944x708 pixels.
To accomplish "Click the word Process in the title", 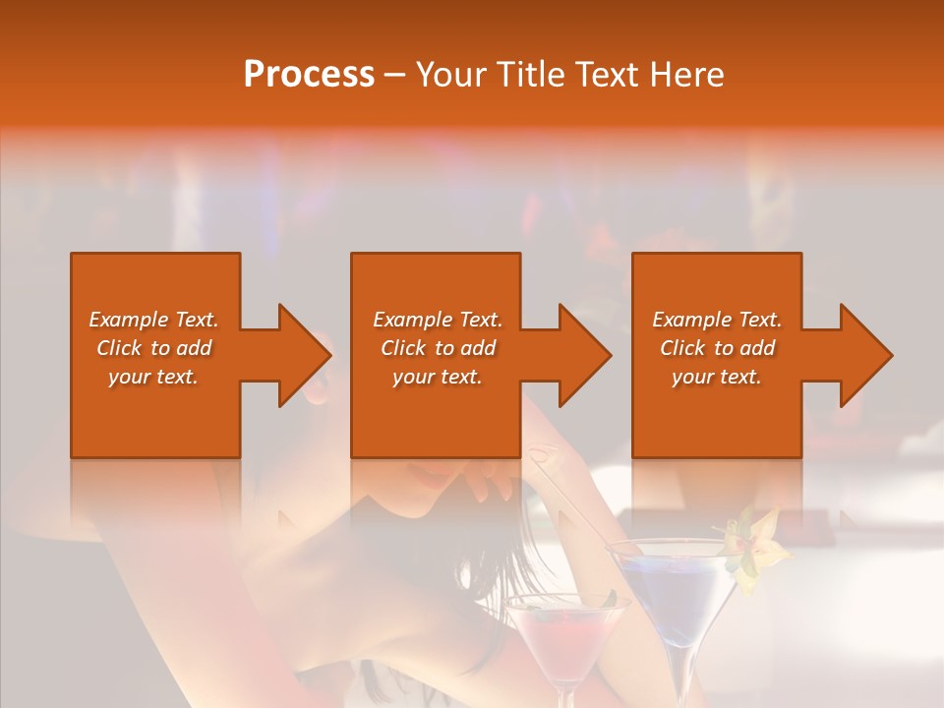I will point(309,75).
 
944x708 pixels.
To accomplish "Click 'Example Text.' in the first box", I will point(153,320).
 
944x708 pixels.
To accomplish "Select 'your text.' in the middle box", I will point(437,377).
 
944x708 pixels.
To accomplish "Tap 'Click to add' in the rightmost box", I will point(717,348).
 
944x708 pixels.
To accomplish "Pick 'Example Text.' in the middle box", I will point(437,320).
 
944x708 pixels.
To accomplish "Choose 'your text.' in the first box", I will point(153,377).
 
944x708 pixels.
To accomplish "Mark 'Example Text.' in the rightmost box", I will point(717,320).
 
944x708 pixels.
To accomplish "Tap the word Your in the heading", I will point(452,75).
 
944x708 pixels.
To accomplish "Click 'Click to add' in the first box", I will point(153,348).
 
